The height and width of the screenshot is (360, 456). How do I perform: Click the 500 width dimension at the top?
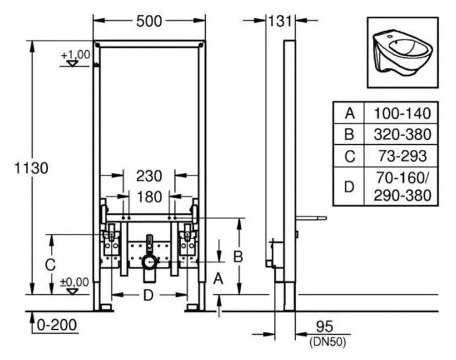click(x=149, y=21)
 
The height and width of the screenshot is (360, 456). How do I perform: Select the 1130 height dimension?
click(x=32, y=168)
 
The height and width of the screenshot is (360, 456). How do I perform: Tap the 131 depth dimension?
click(x=280, y=21)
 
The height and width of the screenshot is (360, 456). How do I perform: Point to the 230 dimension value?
click(x=149, y=176)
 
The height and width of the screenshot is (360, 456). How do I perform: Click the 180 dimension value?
click(x=149, y=197)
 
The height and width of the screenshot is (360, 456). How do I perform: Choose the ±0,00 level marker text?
click(x=74, y=282)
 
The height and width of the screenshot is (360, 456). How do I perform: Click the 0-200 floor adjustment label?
click(x=57, y=325)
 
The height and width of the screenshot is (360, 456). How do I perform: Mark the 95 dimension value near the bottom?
click(x=324, y=327)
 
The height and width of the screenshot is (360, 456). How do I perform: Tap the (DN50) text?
click(x=328, y=342)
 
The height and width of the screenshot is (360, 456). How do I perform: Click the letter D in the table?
click(x=349, y=187)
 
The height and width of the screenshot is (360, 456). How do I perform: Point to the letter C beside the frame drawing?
click(x=50, y=265)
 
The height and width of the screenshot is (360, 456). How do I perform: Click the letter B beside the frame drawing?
click(x=238, y=256)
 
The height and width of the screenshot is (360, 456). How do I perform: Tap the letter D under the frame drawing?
click(x=148, y=296)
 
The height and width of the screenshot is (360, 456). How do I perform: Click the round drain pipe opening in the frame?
click(x=150, y=263)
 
